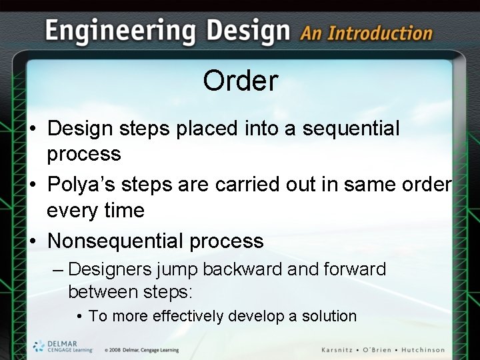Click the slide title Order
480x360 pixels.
coord(240,81)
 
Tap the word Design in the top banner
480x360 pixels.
coord(249,31)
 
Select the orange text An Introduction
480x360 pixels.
coord(366,33)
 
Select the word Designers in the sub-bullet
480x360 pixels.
coord(110,269)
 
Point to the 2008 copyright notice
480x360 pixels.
coord(141,350)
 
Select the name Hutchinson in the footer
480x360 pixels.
coord(420,349)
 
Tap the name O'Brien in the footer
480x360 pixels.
coord(381,349)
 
